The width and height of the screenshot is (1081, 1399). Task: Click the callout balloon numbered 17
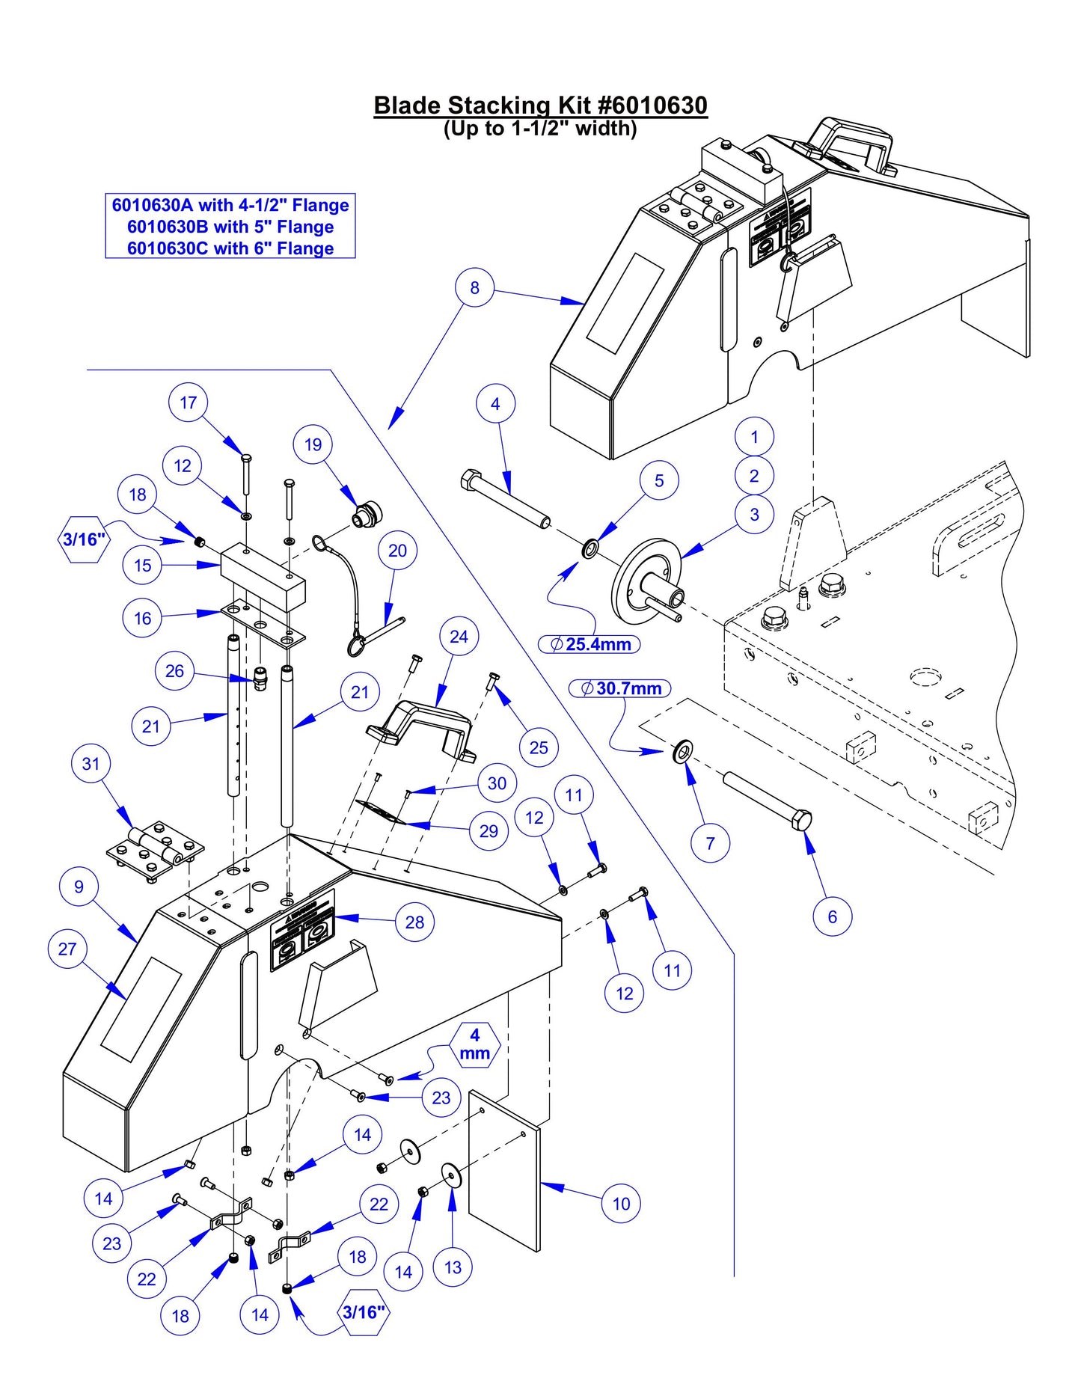pyautogui.click(x=188, y=402)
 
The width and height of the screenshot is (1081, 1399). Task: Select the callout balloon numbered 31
pyautogui.click(x=91, y=764)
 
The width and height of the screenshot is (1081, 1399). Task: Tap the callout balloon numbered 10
pyautogui.click(x=621, y=1204)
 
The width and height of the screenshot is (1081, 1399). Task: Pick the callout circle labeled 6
pyautogui.click(x=832, y=916)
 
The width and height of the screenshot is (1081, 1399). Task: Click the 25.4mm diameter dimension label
pyautogui.click(x=590, y=644)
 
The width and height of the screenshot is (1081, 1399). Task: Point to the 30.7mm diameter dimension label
pyautogui.click(x=620, y=688)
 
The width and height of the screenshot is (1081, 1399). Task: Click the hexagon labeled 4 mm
pyautogui.click(x=474, y=1044)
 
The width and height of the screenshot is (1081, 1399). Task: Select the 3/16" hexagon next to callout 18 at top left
pyautogui.click(x=83, y=539)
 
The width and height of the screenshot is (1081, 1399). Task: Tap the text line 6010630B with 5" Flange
pyautogui.click(x=230, y=227)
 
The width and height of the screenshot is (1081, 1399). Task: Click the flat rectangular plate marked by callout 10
pyautogui.click(x=503, y=1171)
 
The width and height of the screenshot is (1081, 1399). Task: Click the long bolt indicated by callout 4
pyautogui.click(x=506, y=500)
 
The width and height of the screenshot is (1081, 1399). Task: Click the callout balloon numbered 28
pyautogui.click(x=414, y=922)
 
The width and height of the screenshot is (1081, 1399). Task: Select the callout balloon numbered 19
pyautogui.click(x=313, y=444)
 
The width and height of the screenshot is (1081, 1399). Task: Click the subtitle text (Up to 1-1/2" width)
pyautogui.click(x=539, y=129)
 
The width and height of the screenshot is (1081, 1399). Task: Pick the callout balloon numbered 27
pyautogui.click(x=67, y=949)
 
